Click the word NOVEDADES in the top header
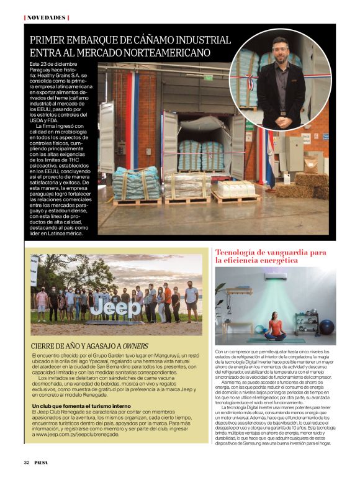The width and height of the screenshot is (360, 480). [x=46, y=17]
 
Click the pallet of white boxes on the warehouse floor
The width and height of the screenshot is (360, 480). [x=233, y=189]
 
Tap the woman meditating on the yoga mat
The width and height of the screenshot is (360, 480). [x=275, y=327]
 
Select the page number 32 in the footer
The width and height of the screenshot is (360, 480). [x=27, y=462]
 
